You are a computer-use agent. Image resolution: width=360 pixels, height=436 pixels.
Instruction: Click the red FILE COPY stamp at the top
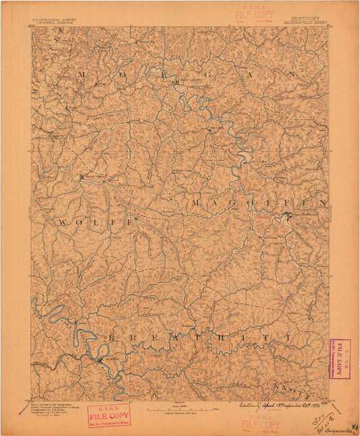(253, 14)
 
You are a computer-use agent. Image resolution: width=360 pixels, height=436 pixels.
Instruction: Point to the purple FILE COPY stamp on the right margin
(339, 358)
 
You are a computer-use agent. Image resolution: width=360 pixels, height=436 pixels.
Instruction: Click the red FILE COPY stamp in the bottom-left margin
(109, 415)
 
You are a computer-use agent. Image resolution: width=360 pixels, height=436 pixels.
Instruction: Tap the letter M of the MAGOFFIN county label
(196, 203)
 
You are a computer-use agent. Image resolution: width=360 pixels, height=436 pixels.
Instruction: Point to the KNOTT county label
(292, 388)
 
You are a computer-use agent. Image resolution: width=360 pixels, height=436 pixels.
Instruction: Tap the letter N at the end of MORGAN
(292, 74)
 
